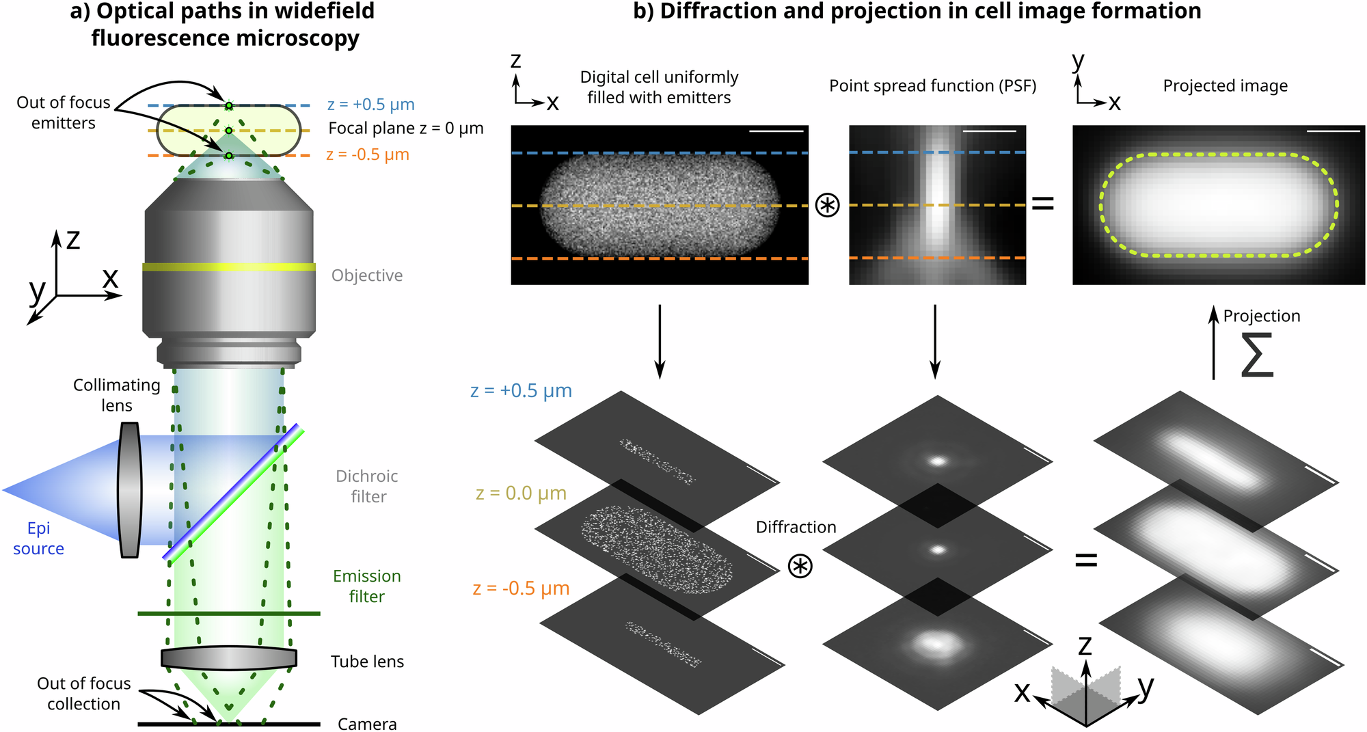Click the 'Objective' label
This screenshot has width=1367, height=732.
(x=367, y=275)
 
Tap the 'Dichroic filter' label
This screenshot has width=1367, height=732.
(x=368, y=486)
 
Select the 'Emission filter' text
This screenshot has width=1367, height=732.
(x=367, y=586)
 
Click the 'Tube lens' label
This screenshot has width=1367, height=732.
(x=367, y=662)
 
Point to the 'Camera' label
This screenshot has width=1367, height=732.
(x=367, y=724)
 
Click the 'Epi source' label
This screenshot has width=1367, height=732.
(x=38, y=538)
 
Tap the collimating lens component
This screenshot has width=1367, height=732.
(x=129, y=489)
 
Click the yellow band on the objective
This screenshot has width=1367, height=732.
(x=229, y=267)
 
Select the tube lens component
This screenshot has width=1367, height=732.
(x=229, y=658)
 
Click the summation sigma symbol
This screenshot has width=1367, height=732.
(x=1257, y=355)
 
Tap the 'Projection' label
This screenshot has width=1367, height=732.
(x=1262, y=316)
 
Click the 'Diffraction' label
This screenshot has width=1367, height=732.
(x=796, y=527)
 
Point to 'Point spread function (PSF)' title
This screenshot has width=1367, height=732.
(x=932, y=86)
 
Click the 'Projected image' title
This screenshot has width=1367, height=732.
(x=1225, y=86)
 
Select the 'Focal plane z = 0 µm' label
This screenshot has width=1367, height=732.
(x=405, y=128)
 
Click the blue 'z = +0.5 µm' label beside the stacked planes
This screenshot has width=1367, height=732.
(x=521, y=391)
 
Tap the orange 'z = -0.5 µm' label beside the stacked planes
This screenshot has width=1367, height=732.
(x=521, y=588)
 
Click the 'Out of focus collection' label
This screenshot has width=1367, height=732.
(x=83, y=693)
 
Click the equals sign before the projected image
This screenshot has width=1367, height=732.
(x=1042, y=203)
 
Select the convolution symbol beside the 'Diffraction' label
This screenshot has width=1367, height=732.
(x=800, y=566)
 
